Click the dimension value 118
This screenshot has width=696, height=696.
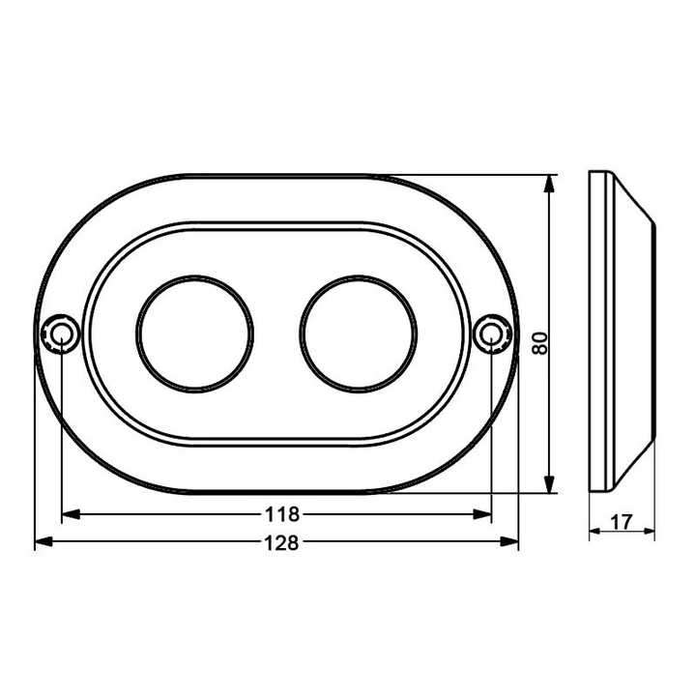[x=277, y=514]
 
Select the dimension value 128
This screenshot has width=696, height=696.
[x=277, y=543]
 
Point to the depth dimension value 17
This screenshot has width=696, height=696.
[x=622, y=523]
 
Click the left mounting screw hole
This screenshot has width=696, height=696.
[x=61, y=334]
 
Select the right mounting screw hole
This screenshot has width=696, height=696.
[x=492, y=334]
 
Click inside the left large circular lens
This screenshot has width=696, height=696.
[x=195, y=334]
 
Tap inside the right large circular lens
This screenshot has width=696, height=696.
[x=358, y=334]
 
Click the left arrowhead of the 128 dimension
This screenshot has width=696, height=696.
[x=42, y=543]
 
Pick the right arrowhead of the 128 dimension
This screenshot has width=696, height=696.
[x=511, y=543]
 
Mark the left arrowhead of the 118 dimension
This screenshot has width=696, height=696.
[x=69, y=514]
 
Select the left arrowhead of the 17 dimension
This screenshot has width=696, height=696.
[x=595, y=532]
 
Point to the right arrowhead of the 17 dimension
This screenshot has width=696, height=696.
[x=650, y=532]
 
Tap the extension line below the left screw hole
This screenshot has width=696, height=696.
[x=61, y=435]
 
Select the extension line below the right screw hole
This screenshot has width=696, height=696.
[x=492, y=435]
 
